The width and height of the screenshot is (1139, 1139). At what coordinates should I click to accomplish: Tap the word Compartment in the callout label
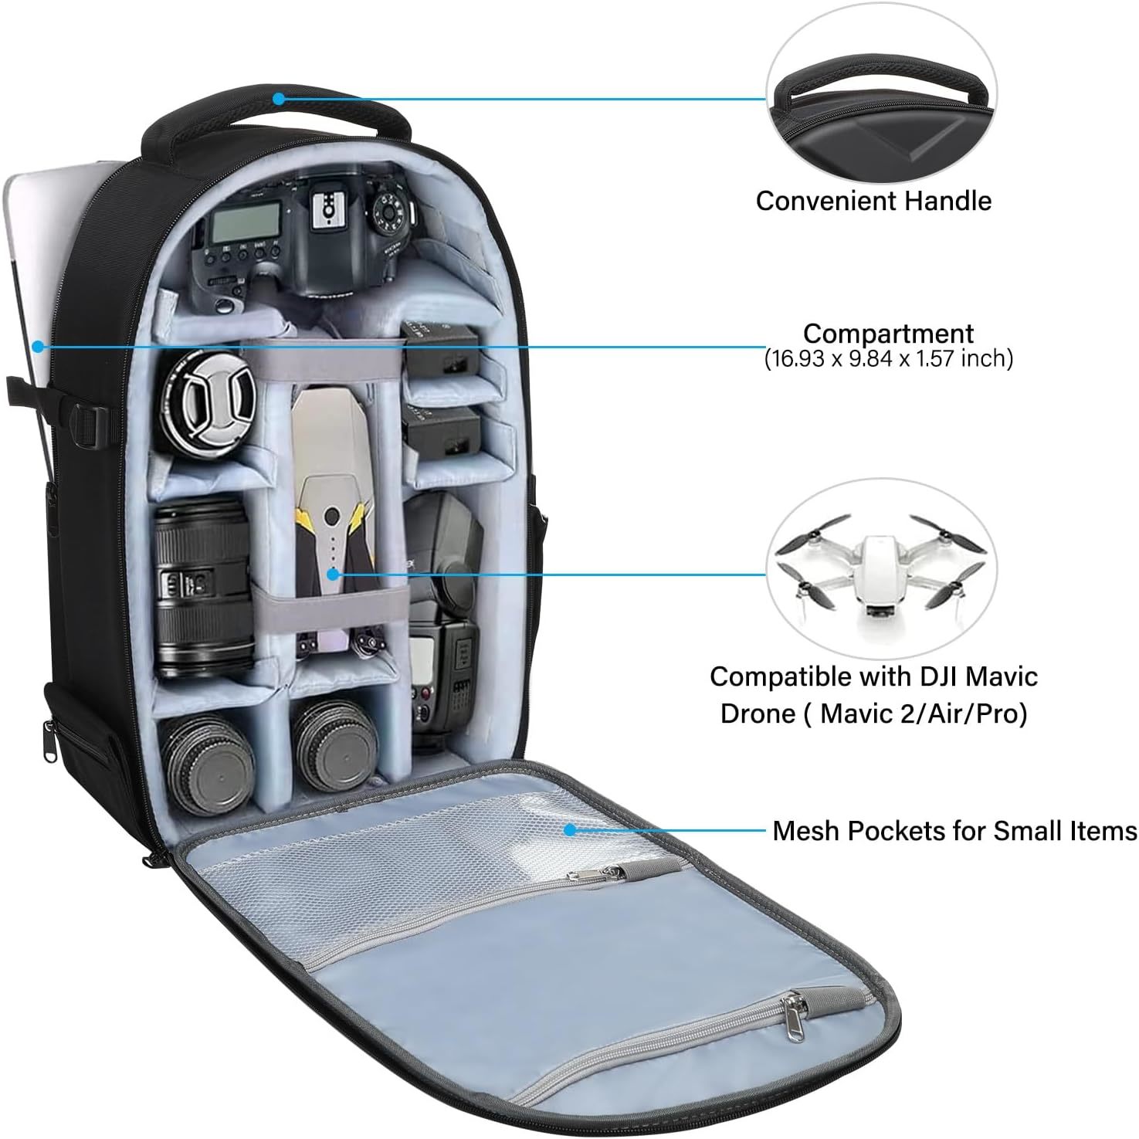888,334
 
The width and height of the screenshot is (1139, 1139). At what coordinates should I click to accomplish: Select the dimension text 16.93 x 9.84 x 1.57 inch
889,358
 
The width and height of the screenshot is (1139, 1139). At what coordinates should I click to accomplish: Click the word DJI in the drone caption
924,676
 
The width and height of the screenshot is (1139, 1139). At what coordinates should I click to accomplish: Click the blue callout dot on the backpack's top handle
279,99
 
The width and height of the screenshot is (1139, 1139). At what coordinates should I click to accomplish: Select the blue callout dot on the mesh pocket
570,830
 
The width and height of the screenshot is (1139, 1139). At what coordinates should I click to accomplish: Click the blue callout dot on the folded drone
333,574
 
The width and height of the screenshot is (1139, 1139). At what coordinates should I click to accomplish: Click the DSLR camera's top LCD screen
235,225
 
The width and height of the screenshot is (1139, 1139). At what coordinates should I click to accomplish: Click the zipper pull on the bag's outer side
50,741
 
